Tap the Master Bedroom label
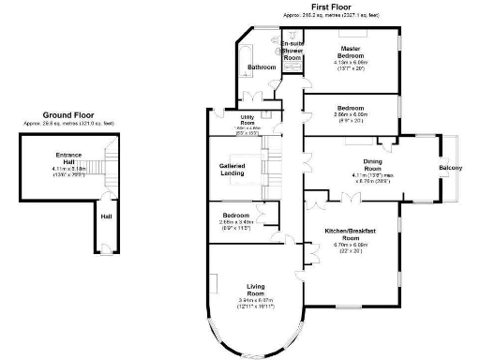352,52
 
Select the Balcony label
451,168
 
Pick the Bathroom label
262,67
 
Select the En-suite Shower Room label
292,52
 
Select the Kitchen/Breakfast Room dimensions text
350,247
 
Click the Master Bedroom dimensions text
352,63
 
